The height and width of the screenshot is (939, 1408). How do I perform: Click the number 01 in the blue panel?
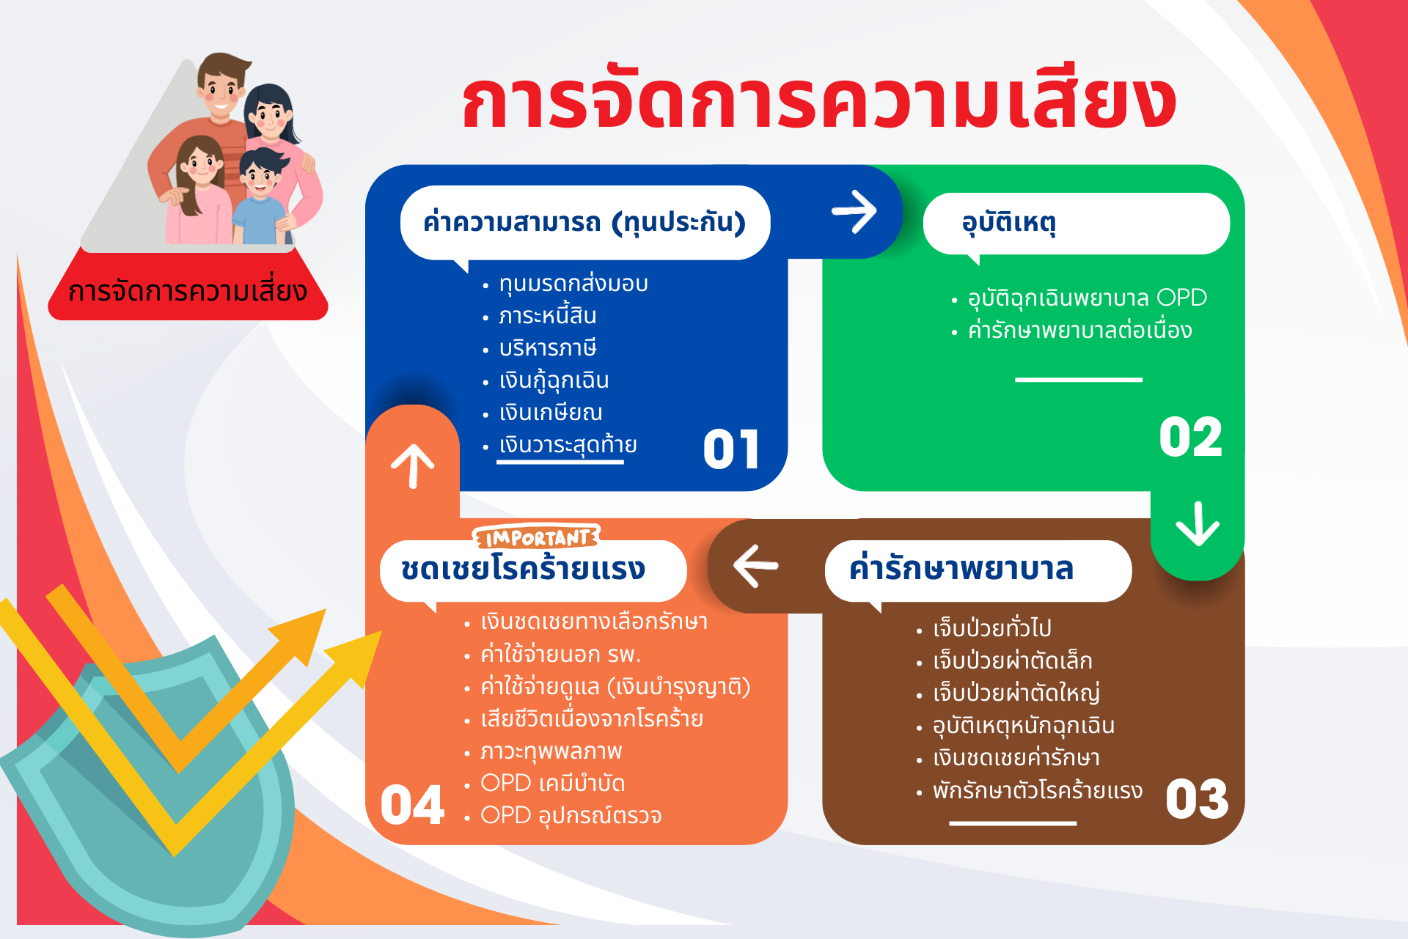pyautogui.click(x=731, y=449)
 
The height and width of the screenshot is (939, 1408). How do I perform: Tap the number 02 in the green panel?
pyautogui.click(x=1191, y=438)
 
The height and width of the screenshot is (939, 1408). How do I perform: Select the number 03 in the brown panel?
pyautogui.click(x=1197, y=798)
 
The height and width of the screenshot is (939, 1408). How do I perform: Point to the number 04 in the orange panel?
pyautogui.click(x=412, y=805)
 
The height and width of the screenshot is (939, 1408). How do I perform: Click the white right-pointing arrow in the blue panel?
pyautogui.click(x=854, y=211)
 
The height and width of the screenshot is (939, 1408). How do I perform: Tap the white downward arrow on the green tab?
pyautogui.click(x=1198, y=523)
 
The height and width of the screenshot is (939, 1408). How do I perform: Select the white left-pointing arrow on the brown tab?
pyautogui.click(x=755, y=566)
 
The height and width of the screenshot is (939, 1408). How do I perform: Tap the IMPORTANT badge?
pyautogui.click(x=537, y=537)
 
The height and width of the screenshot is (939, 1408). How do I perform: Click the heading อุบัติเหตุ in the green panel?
pyautogui.click(x=1009, y=222)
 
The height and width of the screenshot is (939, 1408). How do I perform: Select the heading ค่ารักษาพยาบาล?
pyautogui.click(x=961, y=569)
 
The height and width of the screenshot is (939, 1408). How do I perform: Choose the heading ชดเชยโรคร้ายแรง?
pyautogui.click(x=523, y=569)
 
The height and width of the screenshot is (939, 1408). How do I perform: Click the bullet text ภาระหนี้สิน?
pyautogui.click(x=547, y=316)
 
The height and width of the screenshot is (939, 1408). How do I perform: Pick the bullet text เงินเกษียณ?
pyautogui.click(x=551, y=413)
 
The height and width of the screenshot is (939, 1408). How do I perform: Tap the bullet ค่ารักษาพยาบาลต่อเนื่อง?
pyautogui.click(x=1079, y=330)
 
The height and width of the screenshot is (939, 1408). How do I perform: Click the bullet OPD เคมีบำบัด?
pyautogui.click(x=552, y=784)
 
